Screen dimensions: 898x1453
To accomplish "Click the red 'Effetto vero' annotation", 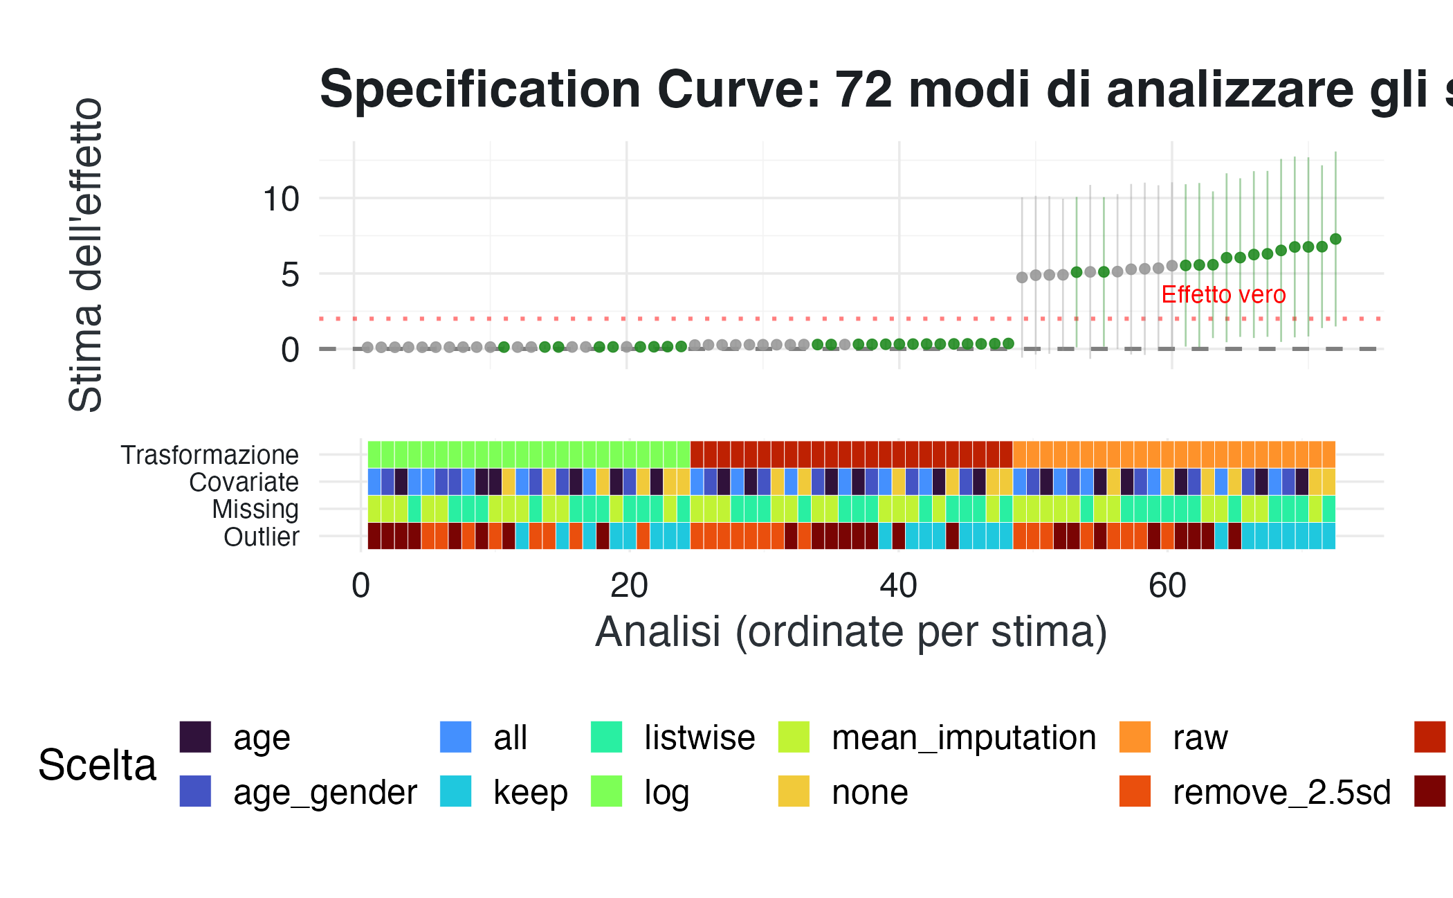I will (1223, 295).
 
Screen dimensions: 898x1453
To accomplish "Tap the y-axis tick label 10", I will (281, 199).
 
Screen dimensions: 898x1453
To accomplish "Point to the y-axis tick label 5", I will (290, 275).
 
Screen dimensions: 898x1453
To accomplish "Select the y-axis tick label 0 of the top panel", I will (290, 350).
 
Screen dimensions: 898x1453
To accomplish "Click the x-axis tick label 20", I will (629, 586).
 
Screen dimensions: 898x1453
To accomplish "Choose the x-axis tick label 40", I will (898, 586).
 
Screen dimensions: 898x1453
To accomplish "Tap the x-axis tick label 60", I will (1167, 586).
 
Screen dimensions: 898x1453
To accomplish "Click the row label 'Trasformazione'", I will (210, 455).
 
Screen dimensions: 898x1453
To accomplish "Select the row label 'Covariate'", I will (244, 482).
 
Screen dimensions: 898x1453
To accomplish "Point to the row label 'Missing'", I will (255, 509).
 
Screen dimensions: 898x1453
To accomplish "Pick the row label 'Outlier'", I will (261, 537).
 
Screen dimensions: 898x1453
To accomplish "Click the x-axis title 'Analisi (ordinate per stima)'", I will (851, 631).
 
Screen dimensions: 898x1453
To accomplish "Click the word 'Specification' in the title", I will (480, 89).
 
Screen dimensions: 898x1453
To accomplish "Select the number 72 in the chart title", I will (863, 89).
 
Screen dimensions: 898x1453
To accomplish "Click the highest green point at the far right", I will (1335, 239).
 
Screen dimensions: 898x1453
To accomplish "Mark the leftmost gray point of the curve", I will (367, 348).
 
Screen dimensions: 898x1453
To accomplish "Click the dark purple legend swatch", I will (195, 737).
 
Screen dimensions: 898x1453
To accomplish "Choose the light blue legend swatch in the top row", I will (456, 737).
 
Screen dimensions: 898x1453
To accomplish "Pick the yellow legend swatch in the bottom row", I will (794, 791).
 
